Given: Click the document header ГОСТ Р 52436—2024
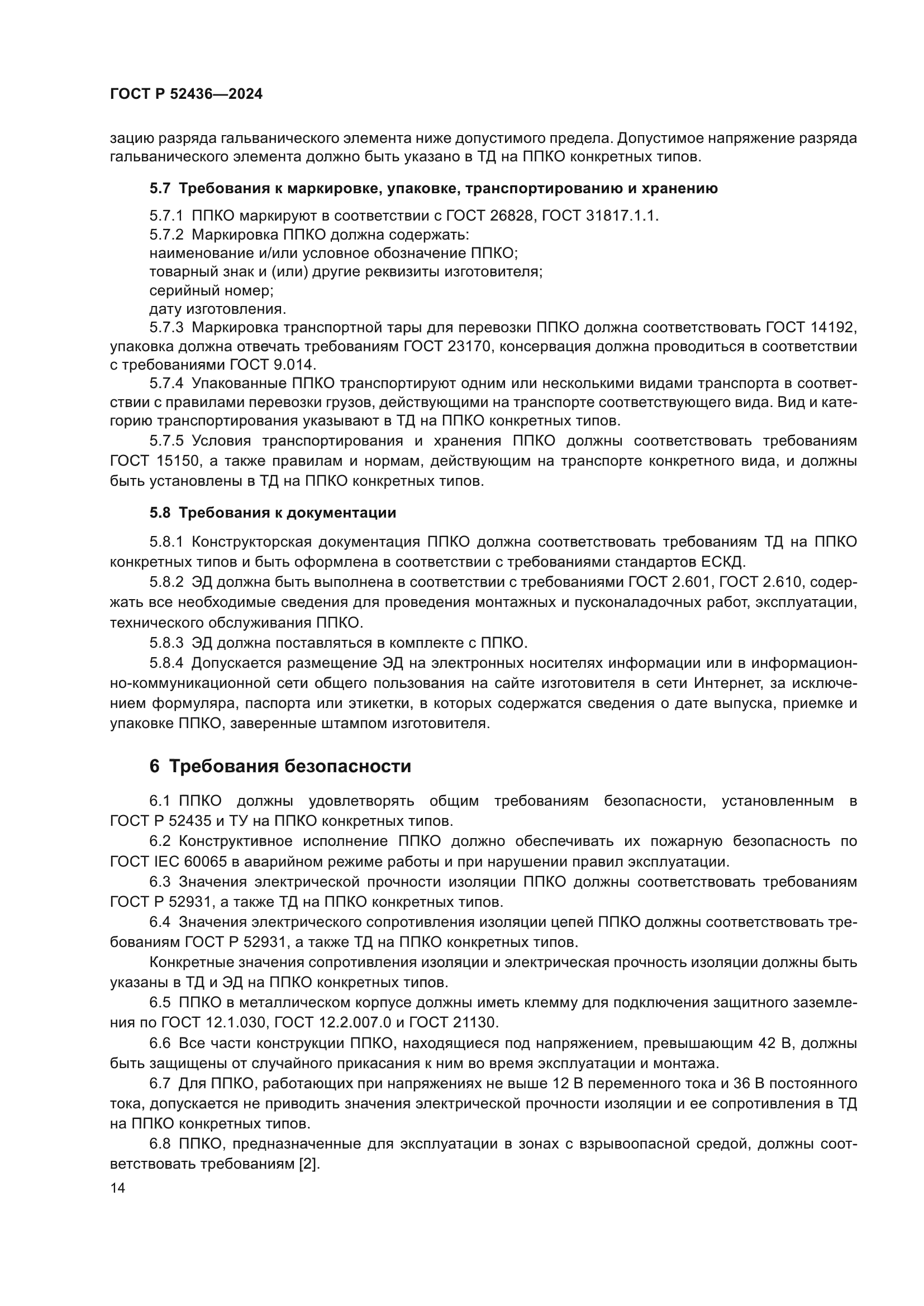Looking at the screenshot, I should click(186, 94).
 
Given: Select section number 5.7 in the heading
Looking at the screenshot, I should click(160, 188).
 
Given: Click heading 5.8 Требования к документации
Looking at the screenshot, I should click(273, 513).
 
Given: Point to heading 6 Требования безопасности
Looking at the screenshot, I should click(280, 766).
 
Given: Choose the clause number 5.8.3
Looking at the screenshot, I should click(166, 643).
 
